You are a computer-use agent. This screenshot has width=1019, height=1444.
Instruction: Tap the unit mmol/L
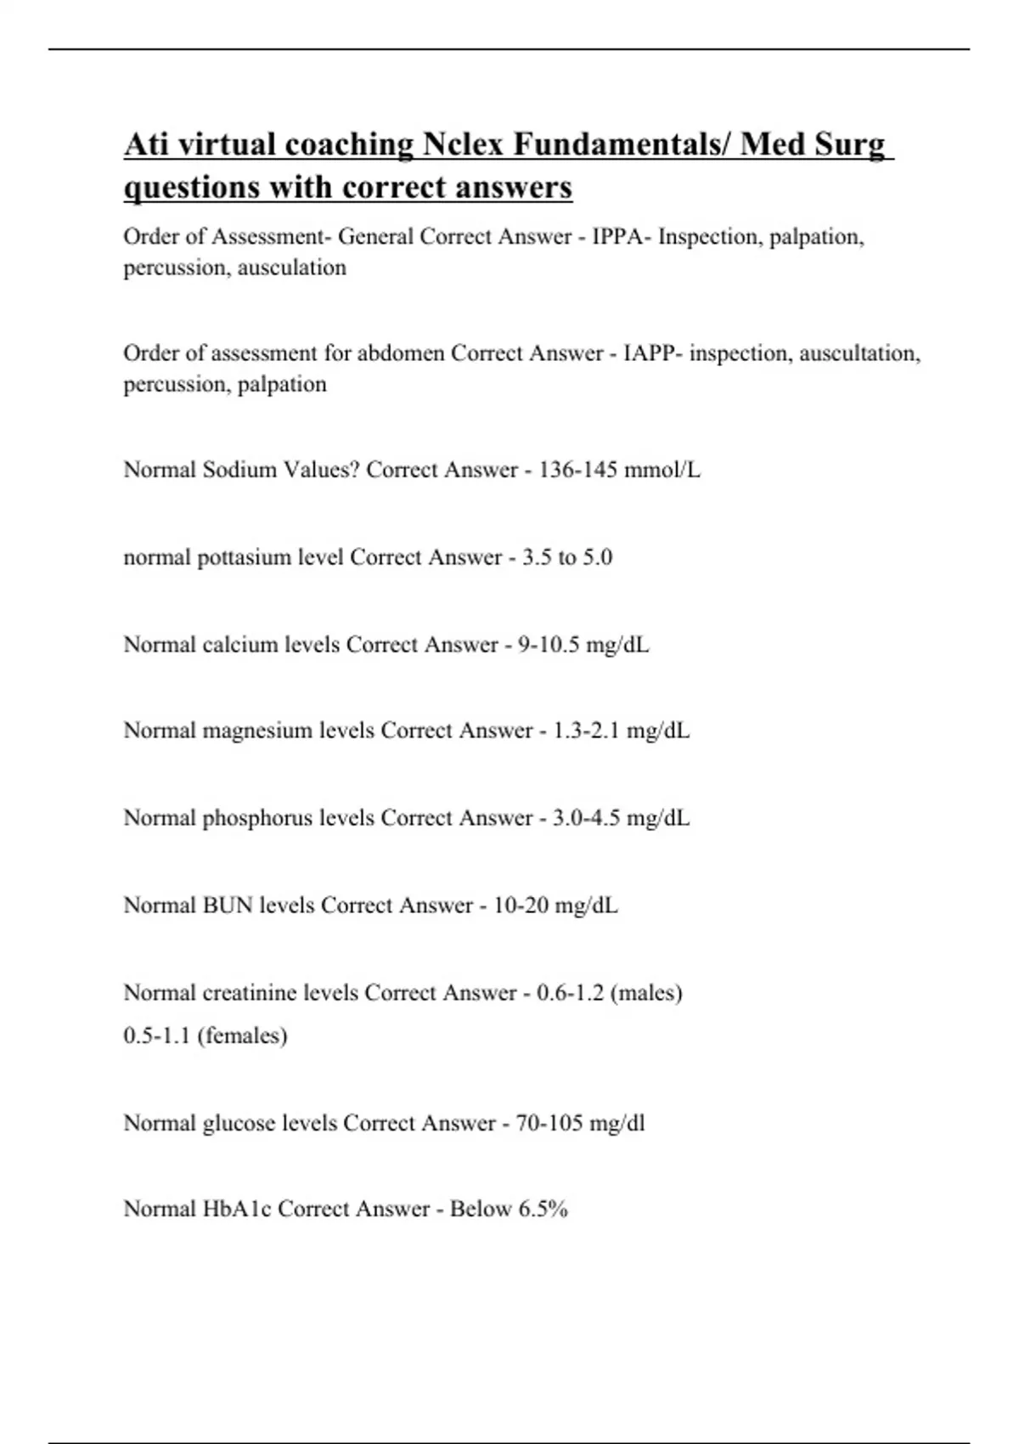coord(662,470)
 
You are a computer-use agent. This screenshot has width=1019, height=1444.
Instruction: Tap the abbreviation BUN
coord(228,905)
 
